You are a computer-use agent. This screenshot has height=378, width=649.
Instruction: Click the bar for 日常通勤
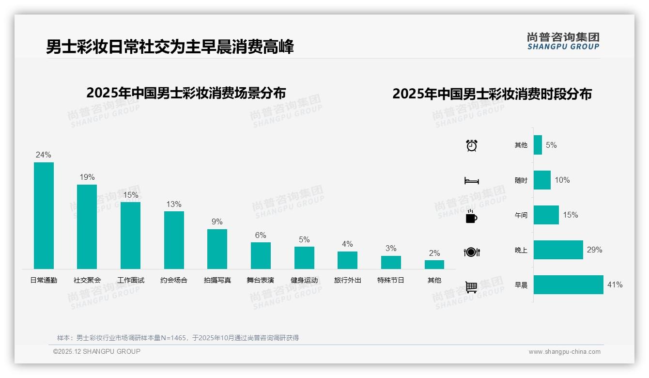tap(44, 215)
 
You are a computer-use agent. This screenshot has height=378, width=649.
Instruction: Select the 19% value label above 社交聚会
tap(87, 177)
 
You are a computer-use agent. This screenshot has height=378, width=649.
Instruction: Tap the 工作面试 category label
tap(131, 280)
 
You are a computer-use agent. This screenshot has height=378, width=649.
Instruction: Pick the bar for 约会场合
tap(174, 240)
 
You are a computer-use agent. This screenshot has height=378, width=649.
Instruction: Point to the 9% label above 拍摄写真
tap(217, 222)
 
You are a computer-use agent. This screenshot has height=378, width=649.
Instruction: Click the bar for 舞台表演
tap(261, 255)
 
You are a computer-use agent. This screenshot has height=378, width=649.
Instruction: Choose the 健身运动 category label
tap(304, 280)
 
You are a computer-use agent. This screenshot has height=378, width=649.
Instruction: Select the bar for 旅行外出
tap(347, 260)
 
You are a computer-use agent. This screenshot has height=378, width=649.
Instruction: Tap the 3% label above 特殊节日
tap(391, 249)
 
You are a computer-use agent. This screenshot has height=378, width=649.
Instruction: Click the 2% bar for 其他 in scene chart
tap(434, 265)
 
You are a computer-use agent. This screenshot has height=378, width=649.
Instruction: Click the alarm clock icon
tap(471, 145)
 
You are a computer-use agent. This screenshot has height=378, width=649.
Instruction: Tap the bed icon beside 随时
tap(471, 181)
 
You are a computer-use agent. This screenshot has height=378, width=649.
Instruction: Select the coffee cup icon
tap(471, 216)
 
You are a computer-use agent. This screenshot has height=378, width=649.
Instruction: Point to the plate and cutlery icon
tap(471, 252)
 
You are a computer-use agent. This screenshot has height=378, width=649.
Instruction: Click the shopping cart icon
tap(471, 287)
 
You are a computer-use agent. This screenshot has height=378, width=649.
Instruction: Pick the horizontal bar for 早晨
tap(569, 285)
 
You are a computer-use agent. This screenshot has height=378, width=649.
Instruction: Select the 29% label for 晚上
tap(594, 250)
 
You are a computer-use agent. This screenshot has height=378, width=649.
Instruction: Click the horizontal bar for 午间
tap(546, 215)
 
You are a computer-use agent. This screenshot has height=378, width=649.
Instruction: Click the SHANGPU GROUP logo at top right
tap(563, 41)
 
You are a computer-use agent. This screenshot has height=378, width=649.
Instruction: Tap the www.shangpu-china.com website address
tap(564, 352)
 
